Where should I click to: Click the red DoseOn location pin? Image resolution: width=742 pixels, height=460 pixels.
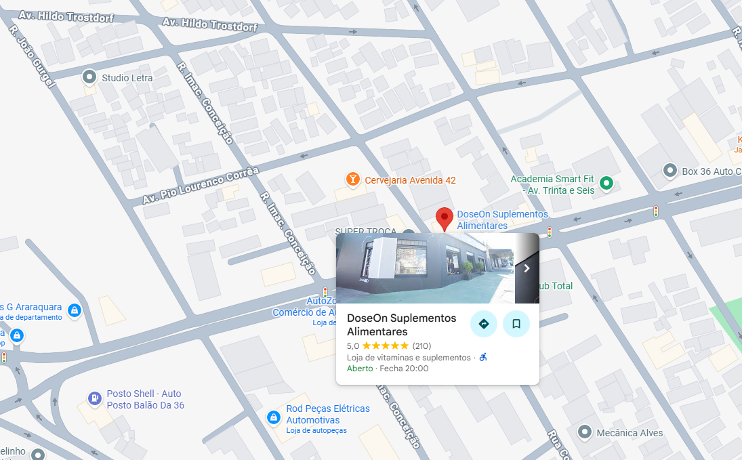coord(444,218)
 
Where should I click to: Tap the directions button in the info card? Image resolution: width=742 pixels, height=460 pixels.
coord(484,324)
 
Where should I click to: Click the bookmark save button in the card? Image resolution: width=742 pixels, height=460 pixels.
coord(516,324)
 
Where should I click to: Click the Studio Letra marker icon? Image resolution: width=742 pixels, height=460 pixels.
coord(89,77)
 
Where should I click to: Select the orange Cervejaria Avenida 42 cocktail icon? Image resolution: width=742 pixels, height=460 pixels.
coord(352,180)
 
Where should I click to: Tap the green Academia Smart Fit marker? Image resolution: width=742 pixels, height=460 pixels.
coord(606,182)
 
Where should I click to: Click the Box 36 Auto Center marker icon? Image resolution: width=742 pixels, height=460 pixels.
coord(670,171)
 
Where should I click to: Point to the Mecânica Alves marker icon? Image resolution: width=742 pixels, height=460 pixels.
coord(585,432)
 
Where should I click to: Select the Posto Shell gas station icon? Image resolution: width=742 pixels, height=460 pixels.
coord(95,398)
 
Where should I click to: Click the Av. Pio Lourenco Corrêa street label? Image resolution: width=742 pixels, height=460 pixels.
coord(201,186)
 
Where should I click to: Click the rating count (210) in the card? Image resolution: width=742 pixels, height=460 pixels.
coord(422,346)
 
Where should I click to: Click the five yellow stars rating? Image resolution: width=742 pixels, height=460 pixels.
coord(386,346)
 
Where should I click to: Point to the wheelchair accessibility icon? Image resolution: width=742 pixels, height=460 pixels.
coord(483,357)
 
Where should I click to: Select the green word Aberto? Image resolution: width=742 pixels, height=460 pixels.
coord(360,369)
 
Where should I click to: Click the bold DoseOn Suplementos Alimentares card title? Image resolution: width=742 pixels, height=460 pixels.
coord(401,325)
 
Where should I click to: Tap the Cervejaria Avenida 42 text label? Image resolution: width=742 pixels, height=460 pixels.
coord(410,180)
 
